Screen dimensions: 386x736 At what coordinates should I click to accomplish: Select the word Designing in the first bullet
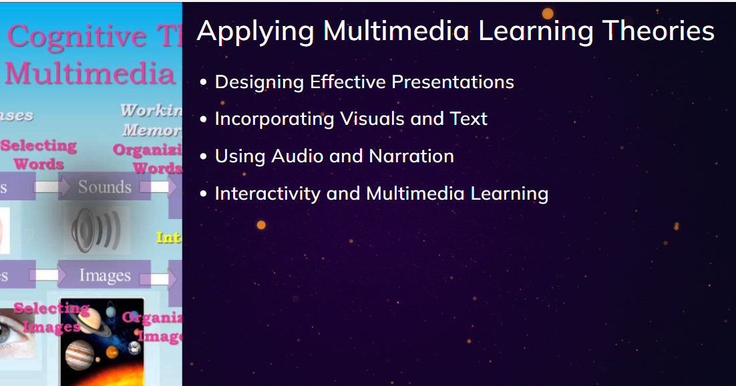tap(259, 82)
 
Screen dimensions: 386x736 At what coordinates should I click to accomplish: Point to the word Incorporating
tap(274, 119)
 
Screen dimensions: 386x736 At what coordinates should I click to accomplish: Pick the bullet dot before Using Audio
tap(204, 157)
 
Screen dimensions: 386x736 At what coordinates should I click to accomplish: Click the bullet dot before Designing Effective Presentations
tap(204, 83)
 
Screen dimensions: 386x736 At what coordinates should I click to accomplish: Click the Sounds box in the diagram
tap(104, 187)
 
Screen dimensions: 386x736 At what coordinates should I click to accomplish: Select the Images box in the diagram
tap(104, 275)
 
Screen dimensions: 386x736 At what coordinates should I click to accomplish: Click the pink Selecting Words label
tap(39, 154)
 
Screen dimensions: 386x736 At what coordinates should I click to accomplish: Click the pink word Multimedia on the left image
tap(89, 73)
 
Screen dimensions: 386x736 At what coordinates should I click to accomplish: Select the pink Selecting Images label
tap(51, 317)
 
